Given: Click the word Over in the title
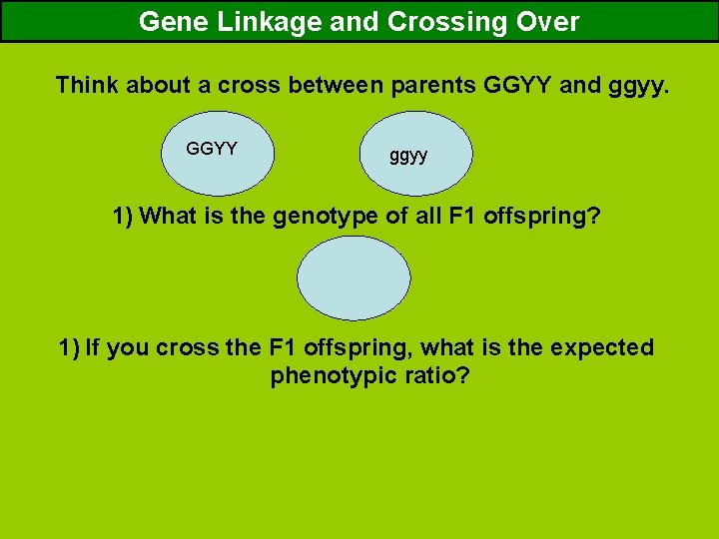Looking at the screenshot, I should click(548, 22).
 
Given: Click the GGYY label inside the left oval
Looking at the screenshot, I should click(212, 149).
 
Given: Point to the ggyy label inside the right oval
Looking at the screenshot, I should click(408, 156).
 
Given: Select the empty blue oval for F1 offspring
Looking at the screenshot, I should click(354, 277).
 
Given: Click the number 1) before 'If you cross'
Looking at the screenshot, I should click(69, 347).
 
